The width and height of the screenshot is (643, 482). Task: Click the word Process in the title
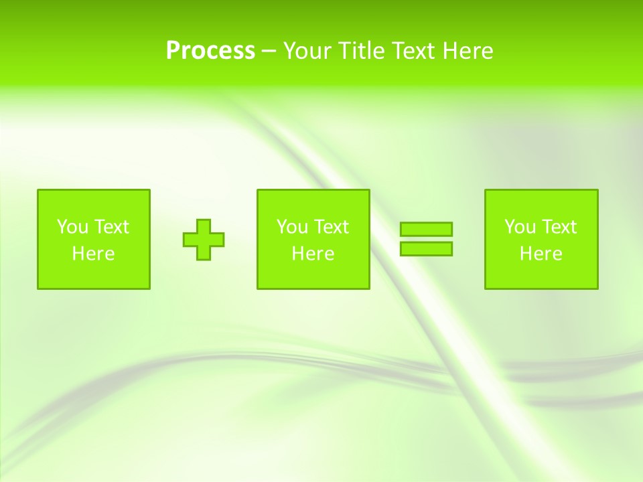[x=210, y=50]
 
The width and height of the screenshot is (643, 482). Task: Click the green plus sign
[x=204, y=240]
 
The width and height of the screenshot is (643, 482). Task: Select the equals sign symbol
[x=426, y=239]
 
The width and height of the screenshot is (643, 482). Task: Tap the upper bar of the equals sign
[x=426, y=229]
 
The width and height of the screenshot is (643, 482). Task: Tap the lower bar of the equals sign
[x=426, y=248]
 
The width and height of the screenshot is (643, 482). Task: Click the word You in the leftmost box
[x=72, y=227]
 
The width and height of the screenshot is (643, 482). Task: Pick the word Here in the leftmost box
[x=93, y=254]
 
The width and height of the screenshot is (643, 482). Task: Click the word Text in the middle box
[x=331, y=227]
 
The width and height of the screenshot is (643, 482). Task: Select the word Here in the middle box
[x=313, y=254]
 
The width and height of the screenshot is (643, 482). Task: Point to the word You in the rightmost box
[x=519, y=227]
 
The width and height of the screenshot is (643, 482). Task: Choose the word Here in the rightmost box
[x=541, y=254]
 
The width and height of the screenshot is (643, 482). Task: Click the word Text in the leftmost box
[x=111, y=227]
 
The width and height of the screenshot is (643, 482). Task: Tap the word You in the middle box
[x=291, y=227]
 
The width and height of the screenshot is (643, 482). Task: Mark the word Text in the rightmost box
[x=559, y=227]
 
